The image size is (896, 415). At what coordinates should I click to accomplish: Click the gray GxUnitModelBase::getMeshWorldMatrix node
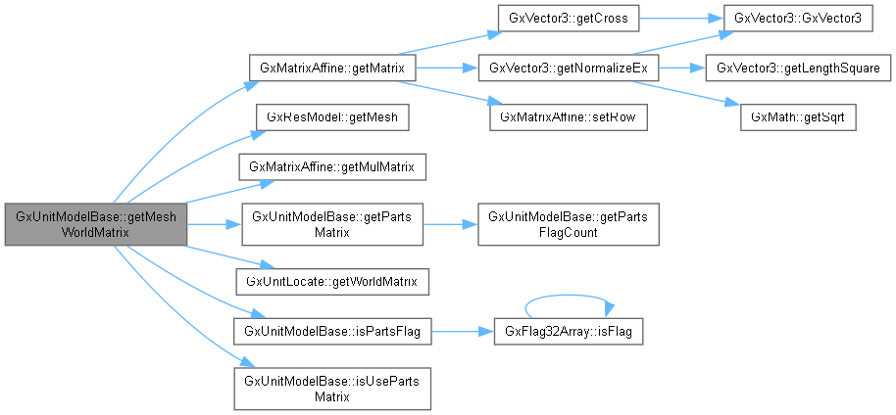[x=94, y=225]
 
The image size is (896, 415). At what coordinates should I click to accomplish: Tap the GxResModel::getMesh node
[x=333, y=116]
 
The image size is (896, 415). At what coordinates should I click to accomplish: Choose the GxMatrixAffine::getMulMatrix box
[x=333, y=166]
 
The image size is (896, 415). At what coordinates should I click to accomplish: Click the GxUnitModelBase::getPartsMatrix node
[x=333, y=225]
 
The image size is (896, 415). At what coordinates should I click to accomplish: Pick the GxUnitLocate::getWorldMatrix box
[x=333, y=282]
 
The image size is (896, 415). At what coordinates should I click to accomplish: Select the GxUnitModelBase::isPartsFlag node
[x=333, y=332]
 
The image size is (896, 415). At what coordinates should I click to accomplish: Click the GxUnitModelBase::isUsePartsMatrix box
[x=333, y=389]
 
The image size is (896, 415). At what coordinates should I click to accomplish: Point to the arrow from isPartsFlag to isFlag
[x=461, y=332]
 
